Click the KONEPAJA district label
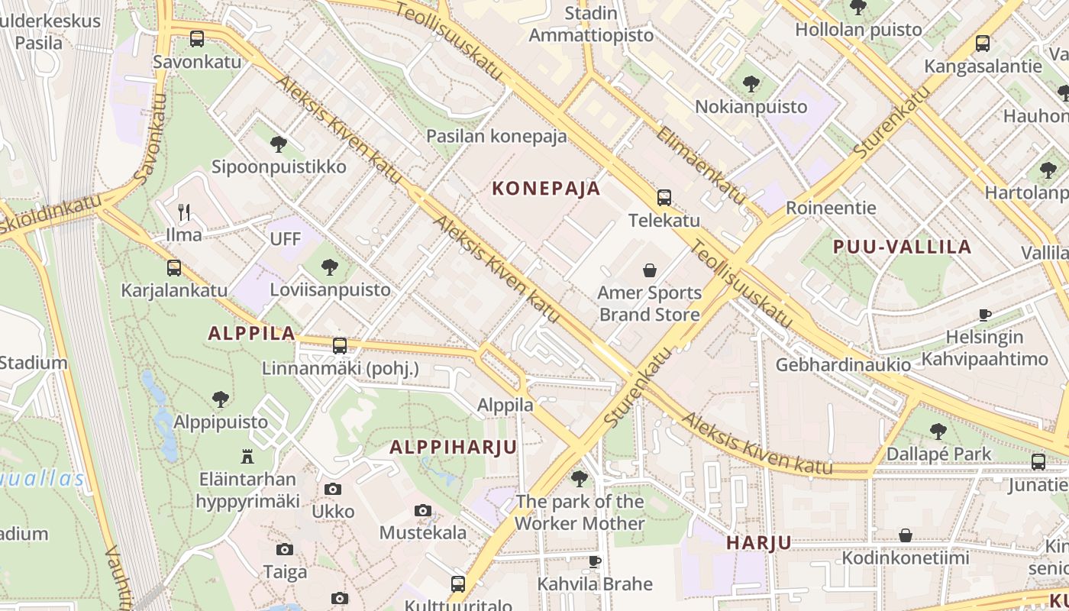pyautogui.click(x=546, y=189)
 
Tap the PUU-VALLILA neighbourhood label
pyautogui.click(x=903, y=247)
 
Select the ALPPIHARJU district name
pyautogui.click(x=454, y=447)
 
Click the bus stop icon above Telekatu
pyautogui.click(x=664, y=198)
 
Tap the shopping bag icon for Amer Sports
pyautogui.click(x=650, y=270)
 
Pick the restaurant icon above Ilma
pyautogui.click(x=184, y=212)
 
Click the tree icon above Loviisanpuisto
pyautogui.click(x=330, y=267)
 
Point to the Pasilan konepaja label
pyautogui.click(x=496, y=136)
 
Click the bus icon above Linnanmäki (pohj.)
pyautogui.click(x=340, y=346)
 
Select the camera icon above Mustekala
pyautogui.click(x=423, y=510)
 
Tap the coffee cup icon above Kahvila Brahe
pyautogui.click(x=595, y=561)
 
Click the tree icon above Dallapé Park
pyautogui.click(x=938, y=432)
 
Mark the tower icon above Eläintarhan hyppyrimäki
pyautogui.click(x=247, y=457)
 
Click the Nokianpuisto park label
pyautogui.click(x=751, y=106)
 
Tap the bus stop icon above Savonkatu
pyautogui.click(x=197, y=38)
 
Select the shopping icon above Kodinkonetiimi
pyautogui.click(x=906, y=535)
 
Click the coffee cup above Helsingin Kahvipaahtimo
pyautogui.click(x=985, y=315)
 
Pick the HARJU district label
pyautogui.click(x=759, y=543)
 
